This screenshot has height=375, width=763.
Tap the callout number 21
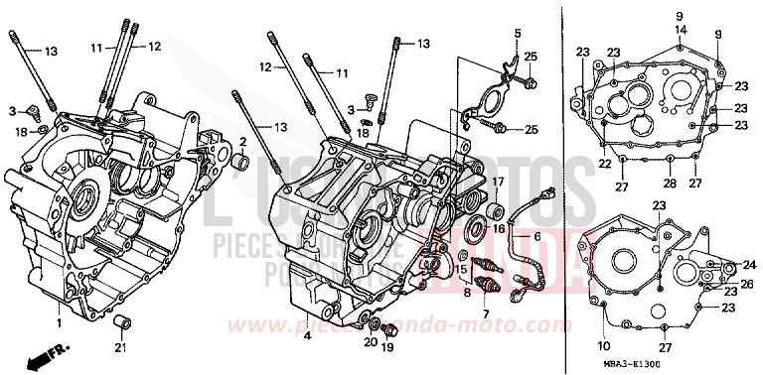coord(120,347)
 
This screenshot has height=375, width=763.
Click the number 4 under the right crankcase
coord(307,336)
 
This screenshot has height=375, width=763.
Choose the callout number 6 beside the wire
coord(537,237)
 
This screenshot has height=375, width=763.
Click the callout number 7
coord(487,313)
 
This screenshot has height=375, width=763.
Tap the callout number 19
coord(389,349)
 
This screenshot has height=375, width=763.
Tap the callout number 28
coord(670,185)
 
